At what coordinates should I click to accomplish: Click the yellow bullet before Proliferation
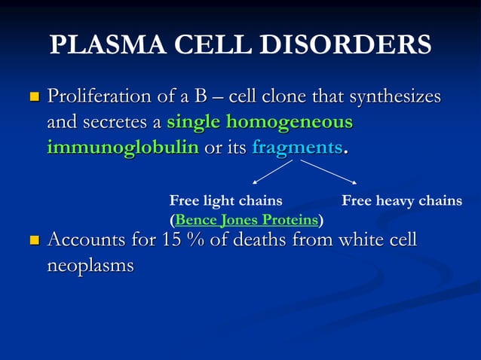(x=33, y=98)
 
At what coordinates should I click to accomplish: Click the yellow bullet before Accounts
(x=33, y=242)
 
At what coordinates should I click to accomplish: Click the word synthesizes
(x=394, y=97)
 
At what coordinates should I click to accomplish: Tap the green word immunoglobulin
(x=123, y=147)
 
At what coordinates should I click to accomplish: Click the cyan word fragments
(x=297, y=147)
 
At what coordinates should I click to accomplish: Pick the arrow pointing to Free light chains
(x=271, y=172)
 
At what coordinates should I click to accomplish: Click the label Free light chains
(x=225, y=200)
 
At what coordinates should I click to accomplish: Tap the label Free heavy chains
(x=402, y=200)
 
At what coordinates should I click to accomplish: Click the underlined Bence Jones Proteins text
(x=246, y=220)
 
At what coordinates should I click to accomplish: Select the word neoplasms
(x=90, y=266)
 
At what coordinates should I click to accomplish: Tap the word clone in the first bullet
(x=283, y=97)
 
